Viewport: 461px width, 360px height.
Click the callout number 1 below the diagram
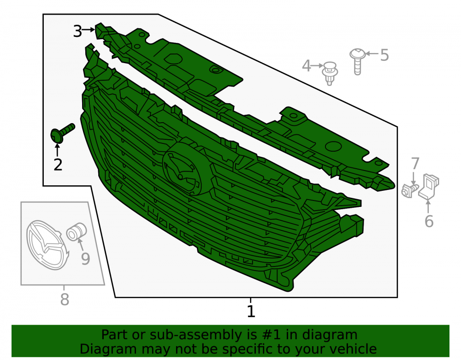(x=251, y=312)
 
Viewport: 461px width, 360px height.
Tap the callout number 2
(x=58, y=165)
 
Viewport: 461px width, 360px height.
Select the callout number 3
(x=77, y=31)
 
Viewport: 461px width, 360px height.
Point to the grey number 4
(x=307, y=65)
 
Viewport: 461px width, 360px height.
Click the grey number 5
(x=384, y=55)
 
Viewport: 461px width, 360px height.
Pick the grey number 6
(x=429, y=221)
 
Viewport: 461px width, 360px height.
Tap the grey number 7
(x=415, y=164)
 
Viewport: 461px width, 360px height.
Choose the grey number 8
(x=65, y=300)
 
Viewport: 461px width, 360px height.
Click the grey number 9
(x=85, y=259)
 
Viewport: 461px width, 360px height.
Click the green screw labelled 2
(x=62, y=133)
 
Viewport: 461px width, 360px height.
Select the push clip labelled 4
(x=330, y=73)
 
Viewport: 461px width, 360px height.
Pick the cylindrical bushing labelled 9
(x=76, y=231)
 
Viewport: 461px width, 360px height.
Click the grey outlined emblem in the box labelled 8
(x=47, y=245)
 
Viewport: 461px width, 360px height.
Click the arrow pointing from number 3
(x=88, y=30)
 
